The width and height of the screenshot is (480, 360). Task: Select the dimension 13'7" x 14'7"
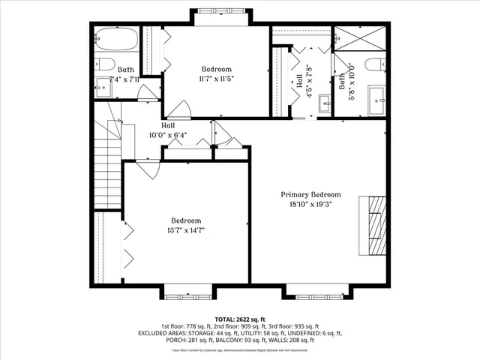pyautogui.click(x=186, y=230)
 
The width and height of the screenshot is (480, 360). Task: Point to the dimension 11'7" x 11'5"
pyautogui.click(x=216, y=78)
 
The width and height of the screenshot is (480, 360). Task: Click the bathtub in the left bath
pyautogui.click(x=116, y=38)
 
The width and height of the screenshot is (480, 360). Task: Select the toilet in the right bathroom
pyautogui.click(x=375, y=64)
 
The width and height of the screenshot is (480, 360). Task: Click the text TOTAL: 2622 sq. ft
pyautogui.click(x=239, y=318)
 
